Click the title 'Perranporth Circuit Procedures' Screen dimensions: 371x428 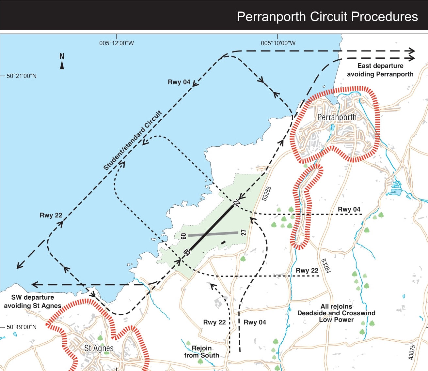pos(327,17)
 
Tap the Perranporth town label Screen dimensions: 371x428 pos(337,117)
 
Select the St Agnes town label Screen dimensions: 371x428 pos(99,348)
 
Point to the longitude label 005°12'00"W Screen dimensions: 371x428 pos(117,43)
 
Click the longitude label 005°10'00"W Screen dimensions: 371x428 pos(278,43)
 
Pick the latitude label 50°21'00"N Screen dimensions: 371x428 pos(22,76)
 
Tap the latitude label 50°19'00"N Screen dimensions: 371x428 pos(22,327)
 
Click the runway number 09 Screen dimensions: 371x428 pos(183,236)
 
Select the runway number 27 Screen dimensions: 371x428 pos(244,232)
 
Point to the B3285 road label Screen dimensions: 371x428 pos(267,194)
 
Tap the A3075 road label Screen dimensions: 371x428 pos(412,352)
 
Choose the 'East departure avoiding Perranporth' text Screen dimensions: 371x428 pos(380,70)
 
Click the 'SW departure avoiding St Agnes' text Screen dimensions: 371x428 pos(33,302)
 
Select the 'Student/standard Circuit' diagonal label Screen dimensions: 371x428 pos(133,141)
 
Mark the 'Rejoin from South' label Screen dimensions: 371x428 pos(201,352)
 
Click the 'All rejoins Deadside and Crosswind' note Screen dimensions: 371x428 pos(336,313)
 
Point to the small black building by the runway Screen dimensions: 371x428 pos(223,242)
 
